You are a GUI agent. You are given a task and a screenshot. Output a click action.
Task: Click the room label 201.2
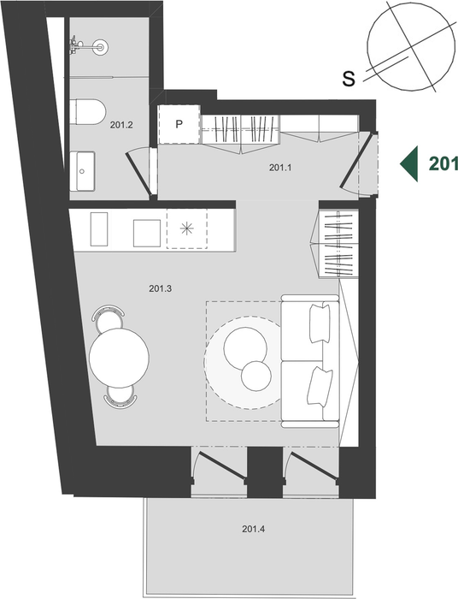tap(121, 125)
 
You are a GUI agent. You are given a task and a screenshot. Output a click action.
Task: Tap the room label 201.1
tap(280, 168)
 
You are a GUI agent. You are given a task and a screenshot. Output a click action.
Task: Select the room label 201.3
tap(160, 288)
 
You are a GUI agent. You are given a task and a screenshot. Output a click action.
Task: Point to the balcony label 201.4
tap(253, 529)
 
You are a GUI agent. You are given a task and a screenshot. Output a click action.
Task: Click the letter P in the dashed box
tap(179, 124)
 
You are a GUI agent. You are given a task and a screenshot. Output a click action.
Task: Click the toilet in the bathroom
tap(88, 112)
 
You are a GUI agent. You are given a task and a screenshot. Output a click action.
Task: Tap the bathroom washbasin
tap(82, 170)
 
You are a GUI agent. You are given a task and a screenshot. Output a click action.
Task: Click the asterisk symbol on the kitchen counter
tap(187, 228)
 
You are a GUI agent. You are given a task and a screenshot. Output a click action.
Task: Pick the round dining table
tap(119, 358)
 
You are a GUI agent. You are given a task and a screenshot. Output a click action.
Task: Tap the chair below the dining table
tap(120, 396)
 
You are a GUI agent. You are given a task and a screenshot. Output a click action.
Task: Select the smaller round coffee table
tap(256, 376)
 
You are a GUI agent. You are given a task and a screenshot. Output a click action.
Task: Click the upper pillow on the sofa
tap(320, 323)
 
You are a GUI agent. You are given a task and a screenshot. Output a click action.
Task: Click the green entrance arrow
tap(408, 163)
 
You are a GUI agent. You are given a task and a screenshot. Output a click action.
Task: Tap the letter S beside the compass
tap(349, 79)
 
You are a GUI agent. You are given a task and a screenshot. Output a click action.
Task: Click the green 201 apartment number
tap(443, 163)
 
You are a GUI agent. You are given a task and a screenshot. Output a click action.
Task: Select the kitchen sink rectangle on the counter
tap(99, 228)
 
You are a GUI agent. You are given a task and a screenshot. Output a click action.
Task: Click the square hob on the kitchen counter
tap(147, 233)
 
